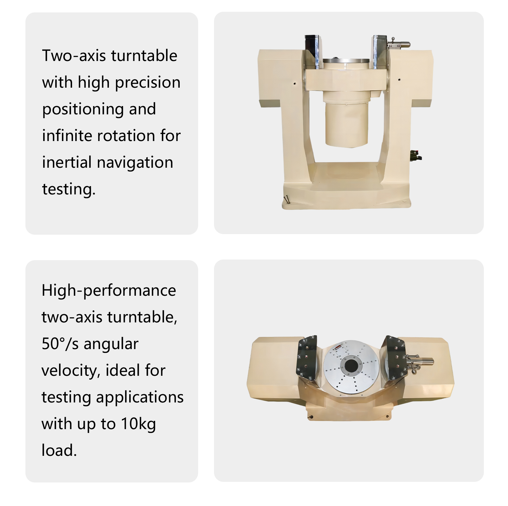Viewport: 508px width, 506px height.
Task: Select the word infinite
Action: coord(67,136)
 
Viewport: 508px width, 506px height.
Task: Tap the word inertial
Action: coord(67,162)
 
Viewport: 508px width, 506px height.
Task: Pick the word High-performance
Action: coord(109,291)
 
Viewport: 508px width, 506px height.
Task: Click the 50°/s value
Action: coord(60,344)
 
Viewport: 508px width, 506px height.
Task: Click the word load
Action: coord(59,450)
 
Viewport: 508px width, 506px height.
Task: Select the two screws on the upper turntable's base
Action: coord(287,200)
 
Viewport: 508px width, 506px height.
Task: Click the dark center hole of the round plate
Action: coord(351,366)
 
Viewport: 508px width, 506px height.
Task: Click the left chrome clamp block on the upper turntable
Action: coord(313,51)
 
